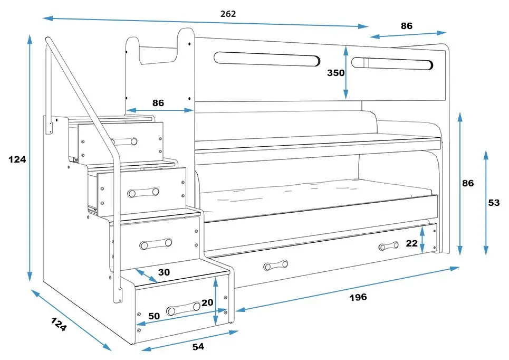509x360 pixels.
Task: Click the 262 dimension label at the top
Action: [x=228, y=14]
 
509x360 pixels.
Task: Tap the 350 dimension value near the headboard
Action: [x=335, y=73]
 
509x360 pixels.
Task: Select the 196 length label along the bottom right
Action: [x=358, y=297]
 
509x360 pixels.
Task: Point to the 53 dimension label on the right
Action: [x=494, y=203]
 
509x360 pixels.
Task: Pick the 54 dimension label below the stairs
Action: [x=198, y=347]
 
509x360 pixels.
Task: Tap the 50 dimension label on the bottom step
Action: [x=153, y=316]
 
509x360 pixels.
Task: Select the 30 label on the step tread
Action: [x=164, y=272]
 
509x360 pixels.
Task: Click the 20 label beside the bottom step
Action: [x=207, y=302]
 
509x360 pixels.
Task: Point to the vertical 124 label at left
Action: [x=17, y=159]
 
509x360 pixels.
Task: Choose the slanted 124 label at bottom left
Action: [x=59, y=324]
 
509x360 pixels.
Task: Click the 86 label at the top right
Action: [x=406, y=25]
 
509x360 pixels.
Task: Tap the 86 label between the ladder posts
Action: [x=158, y=103]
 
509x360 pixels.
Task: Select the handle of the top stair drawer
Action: [x=125, y=141]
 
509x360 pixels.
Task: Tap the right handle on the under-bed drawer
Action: [x=388, y=246]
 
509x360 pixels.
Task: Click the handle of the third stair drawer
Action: [x=156, y=243]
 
